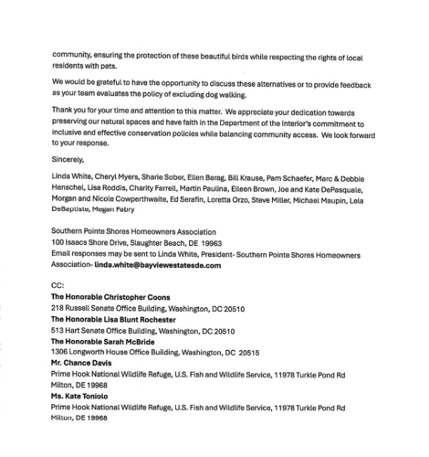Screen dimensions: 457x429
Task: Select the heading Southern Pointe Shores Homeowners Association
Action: [133, 232]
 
